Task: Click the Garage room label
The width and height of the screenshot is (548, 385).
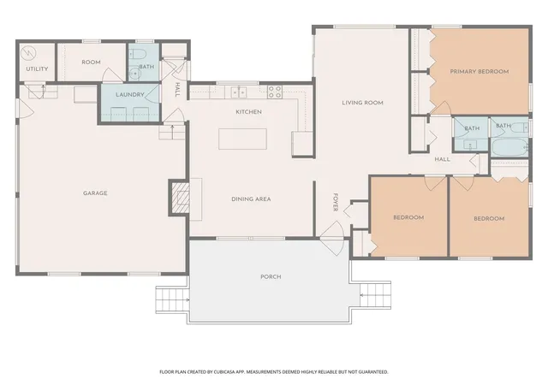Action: [95, 193]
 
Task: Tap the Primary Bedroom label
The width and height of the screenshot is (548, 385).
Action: [479, 72]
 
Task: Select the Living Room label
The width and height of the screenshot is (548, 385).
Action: [362, 103]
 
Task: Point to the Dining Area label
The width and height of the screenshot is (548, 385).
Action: [251, 199]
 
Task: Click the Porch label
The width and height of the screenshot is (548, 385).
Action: [271, 276]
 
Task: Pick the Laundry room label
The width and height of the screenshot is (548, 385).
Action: [129, 95]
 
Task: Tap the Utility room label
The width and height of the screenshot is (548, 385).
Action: [37, 68]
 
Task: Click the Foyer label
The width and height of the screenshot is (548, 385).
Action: [336, 202]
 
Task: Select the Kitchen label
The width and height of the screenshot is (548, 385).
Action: [248, 112]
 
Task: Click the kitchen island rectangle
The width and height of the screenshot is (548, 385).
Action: [242, 139]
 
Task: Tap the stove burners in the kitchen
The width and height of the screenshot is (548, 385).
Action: [275, 92]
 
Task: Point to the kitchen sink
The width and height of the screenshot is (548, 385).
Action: [239, 92]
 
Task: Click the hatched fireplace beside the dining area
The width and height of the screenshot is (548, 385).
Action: [180, 198]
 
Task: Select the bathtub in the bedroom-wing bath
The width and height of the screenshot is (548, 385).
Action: [510, 148]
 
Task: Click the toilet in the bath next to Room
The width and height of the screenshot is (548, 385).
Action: [137, 54]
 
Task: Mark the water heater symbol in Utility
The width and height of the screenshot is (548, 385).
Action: [28, 53]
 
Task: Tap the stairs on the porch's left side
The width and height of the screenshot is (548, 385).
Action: [172, 299]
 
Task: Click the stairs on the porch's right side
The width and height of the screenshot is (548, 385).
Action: [375, 295]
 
